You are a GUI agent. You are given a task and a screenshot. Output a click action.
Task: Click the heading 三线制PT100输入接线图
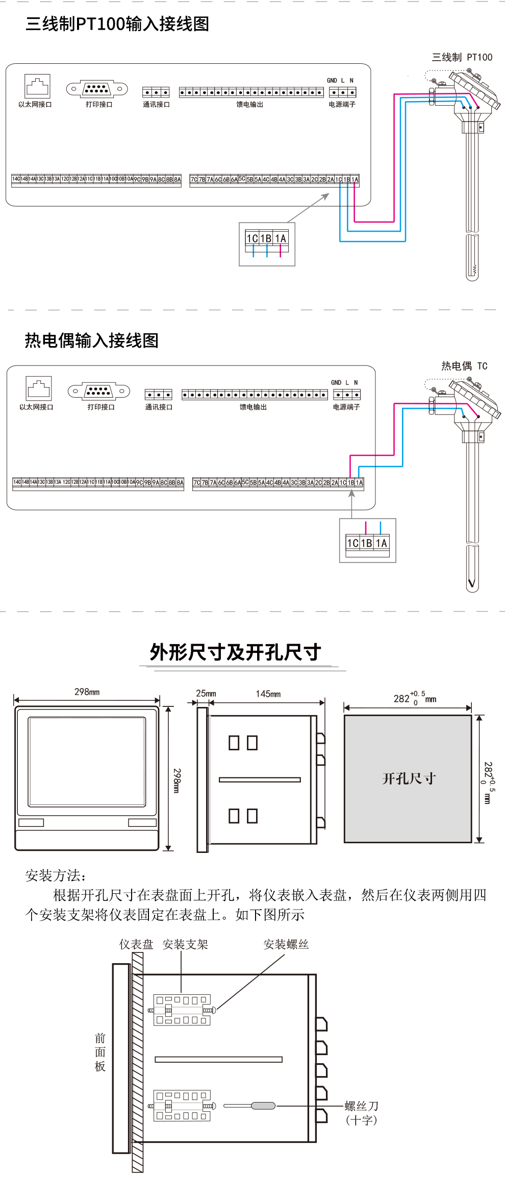pos(117,24)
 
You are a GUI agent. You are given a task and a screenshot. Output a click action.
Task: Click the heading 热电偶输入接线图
pos(92,340)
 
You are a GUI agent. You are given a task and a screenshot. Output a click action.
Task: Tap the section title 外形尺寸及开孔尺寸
pos(235,652)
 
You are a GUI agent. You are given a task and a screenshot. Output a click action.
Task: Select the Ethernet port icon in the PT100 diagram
pos(37,86)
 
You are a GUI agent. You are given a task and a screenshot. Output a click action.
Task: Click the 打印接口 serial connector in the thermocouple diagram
pos(99,391)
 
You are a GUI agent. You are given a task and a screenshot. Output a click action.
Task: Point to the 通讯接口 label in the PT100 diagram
pos(156,105)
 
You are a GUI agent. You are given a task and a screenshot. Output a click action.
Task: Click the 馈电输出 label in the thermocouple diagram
pos(253,407)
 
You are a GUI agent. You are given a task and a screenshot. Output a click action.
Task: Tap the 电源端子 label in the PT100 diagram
pos(342,105)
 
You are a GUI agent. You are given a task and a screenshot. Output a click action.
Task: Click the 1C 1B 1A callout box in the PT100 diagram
pos(267,243)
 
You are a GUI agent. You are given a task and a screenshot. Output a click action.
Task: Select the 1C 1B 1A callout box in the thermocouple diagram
pos(367,541)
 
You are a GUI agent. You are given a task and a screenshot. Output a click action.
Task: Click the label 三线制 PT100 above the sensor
pos(462,57)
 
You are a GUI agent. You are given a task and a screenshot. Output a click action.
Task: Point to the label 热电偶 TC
pos(464,366)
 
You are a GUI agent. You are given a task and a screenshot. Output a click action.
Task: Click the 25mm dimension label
pos(206,693)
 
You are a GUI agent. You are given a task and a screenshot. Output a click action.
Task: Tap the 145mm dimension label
pos(268,694)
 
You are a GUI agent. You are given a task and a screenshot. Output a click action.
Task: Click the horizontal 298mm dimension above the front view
pos(87,692)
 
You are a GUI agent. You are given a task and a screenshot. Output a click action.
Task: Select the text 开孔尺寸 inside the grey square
pos(409,778)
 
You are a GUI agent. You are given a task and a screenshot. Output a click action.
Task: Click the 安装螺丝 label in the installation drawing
pos(286,944)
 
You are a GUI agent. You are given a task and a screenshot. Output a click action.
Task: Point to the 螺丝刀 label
pos(361,1106)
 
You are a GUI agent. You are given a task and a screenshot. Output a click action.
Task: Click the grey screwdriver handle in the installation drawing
pos(263,1106)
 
